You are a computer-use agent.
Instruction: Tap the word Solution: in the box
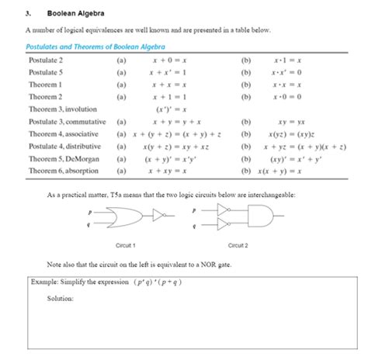point(61,298)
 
